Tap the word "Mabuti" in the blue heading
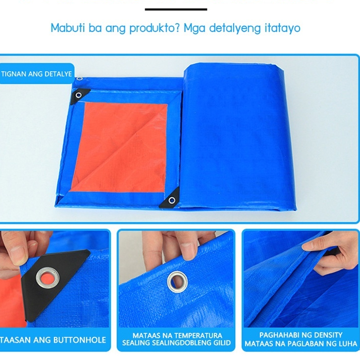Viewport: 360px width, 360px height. (68, 28)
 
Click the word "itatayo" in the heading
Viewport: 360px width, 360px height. (282, 28)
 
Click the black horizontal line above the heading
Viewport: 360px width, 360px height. (176, 9)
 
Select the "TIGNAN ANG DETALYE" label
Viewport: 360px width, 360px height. (37, 74)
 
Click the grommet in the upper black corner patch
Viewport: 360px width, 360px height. (79, 95)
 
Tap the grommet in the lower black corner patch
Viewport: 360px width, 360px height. (172, 201)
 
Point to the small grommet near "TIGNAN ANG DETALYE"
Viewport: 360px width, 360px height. (80, 79)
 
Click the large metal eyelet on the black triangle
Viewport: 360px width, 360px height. (48, 278)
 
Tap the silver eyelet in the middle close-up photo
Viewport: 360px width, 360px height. (177, 282)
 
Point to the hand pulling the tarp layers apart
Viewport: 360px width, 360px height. (331, 253)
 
